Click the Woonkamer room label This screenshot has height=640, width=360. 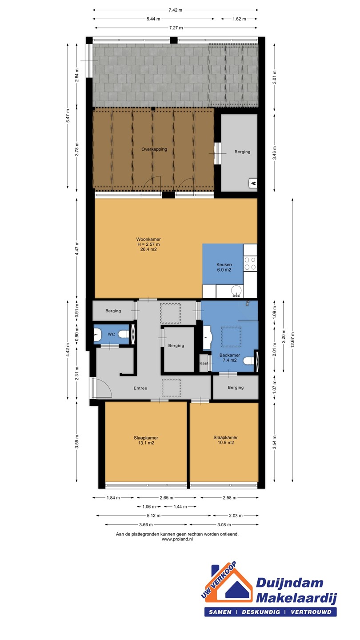[148, 240]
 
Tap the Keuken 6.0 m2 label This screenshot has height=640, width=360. [224, 267]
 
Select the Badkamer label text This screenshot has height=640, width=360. [230, 355]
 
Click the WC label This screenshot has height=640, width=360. [112, 334]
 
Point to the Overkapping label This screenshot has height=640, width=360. [154, 149]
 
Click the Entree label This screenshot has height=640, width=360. [140, 388]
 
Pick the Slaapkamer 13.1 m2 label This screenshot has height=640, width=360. [146, 440]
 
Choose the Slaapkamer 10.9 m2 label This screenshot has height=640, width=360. [225, 440]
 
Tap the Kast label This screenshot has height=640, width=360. [204, 363]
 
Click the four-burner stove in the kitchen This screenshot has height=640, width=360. [250, 264]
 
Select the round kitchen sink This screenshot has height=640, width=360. [236, 291]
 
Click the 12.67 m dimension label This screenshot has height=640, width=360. [292, 340]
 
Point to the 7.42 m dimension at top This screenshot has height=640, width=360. [175, 10]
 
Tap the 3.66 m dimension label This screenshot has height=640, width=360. [146, 524]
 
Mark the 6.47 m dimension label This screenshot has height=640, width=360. [68, 116]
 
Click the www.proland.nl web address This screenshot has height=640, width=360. [177, 539]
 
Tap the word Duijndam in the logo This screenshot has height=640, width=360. [289, 583]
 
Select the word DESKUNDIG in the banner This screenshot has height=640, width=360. [261, 612]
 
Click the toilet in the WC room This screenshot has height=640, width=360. [124, 334]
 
